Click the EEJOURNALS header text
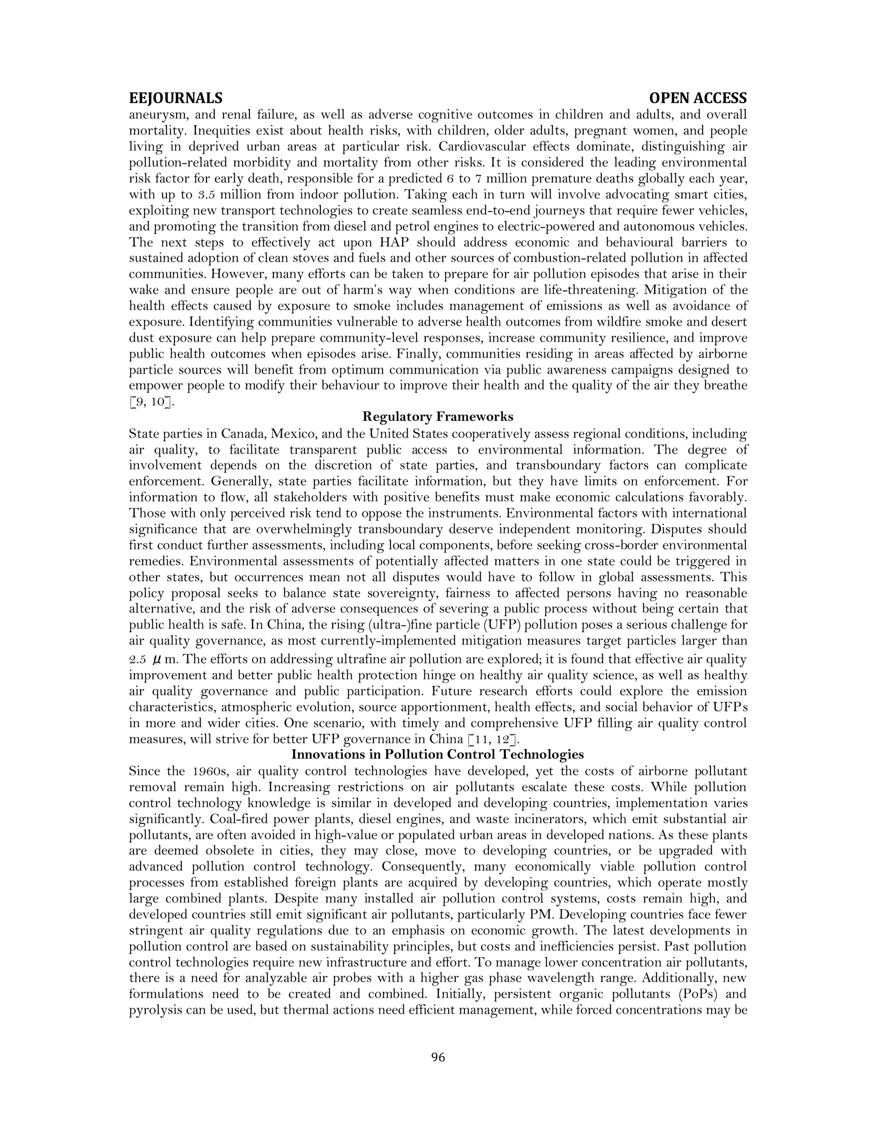click(175, 98)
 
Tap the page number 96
click(438, 1057)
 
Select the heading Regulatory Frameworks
click(438, 416)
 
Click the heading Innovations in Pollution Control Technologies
click(438, 754)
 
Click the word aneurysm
click(159, 115)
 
